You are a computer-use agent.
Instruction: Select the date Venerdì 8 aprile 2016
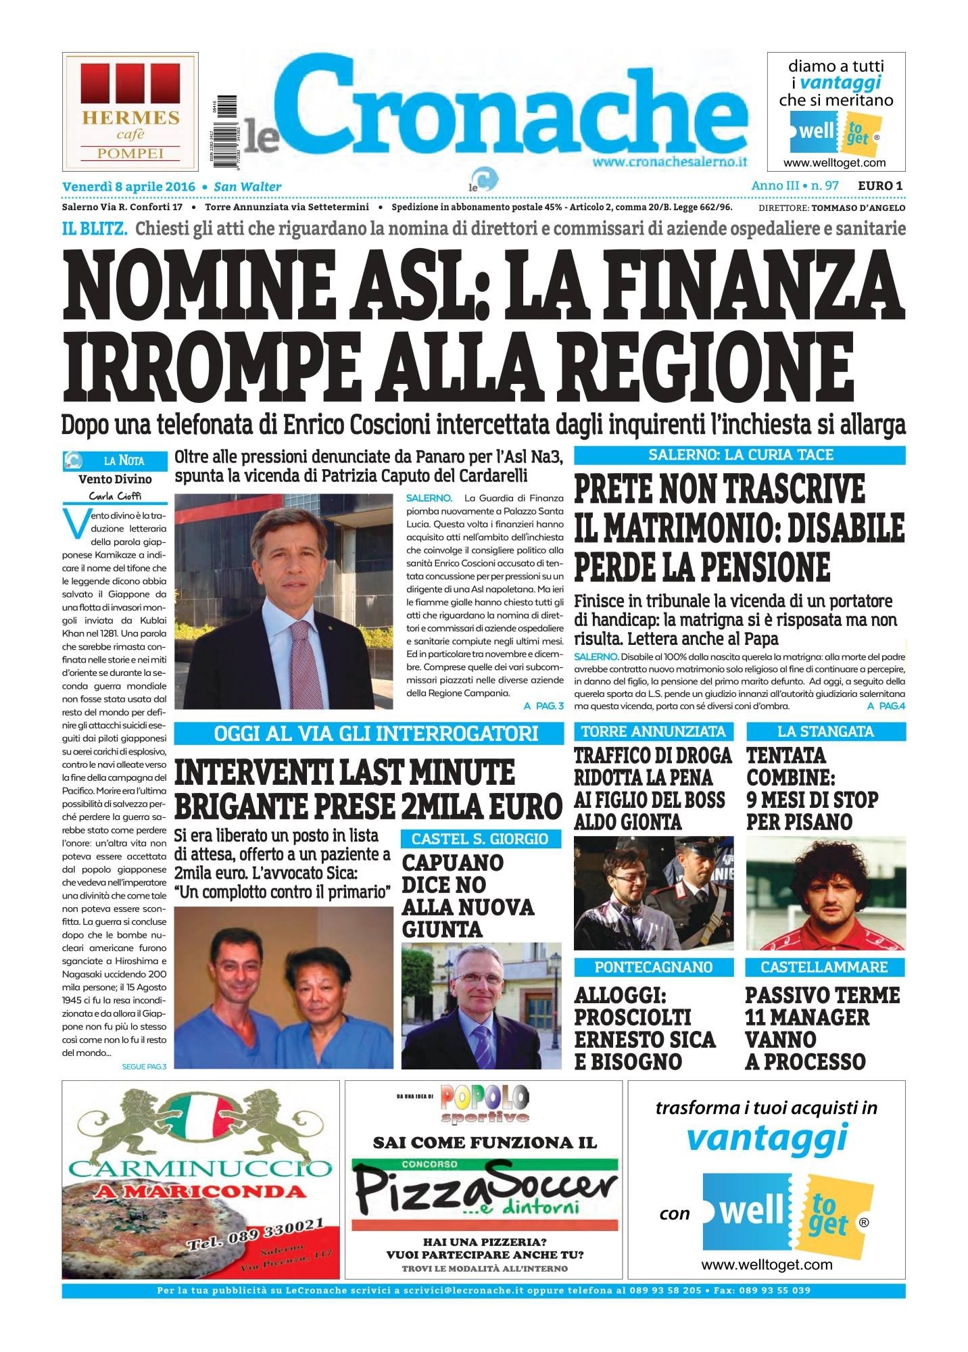(128, 187)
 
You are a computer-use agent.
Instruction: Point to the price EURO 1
(881, 185)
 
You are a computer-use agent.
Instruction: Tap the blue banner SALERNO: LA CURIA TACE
(740, 454)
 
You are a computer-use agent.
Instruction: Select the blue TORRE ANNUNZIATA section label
(653, 731)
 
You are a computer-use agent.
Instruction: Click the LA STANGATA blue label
(825, 731)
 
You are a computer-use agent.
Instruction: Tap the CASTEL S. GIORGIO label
(480, 839)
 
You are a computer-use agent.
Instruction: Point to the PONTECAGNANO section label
(653, 967)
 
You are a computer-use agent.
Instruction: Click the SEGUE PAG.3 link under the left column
(144, 1066)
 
